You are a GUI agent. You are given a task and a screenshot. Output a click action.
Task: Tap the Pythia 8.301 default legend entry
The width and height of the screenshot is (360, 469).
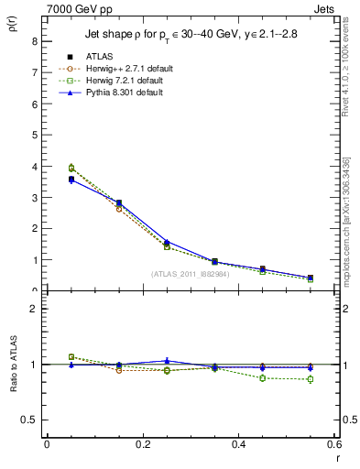pos(113,92)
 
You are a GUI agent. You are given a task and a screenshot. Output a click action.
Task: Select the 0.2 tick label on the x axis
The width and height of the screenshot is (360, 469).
pos(142,444)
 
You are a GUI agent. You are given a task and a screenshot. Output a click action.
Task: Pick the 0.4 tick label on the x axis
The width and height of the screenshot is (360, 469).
pos(238,444)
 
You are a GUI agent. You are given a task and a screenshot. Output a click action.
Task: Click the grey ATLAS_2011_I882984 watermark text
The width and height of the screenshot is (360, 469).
pos(190,273)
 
